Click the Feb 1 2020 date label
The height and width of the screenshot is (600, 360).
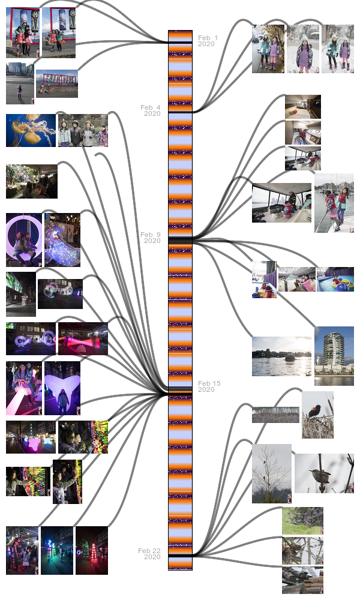click(208, 41)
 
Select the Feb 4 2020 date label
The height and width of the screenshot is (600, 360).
click(151, 110)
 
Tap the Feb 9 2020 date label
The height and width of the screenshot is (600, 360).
click(151, 238)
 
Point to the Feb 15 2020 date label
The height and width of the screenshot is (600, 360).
click(209, 386)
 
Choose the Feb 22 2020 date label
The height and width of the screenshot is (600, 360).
click(149, 554)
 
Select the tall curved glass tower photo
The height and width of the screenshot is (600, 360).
click(334, 356)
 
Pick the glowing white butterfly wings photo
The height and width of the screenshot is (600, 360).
click(62, 388)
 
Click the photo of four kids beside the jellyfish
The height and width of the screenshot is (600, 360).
click(83, 131)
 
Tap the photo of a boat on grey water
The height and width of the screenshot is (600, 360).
click(281, 356)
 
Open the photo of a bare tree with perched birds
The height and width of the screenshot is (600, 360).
click(271, 473)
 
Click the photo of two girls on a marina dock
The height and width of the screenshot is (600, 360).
click(334, 203)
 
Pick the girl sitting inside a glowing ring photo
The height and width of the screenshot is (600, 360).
click(23, 240)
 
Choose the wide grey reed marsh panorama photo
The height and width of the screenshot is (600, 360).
click(275, 415)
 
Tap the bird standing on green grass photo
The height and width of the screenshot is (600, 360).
click(302, 521)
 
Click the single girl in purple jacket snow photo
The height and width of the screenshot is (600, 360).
click(303, 49)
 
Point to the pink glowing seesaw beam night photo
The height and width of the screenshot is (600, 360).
click(83, 339)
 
